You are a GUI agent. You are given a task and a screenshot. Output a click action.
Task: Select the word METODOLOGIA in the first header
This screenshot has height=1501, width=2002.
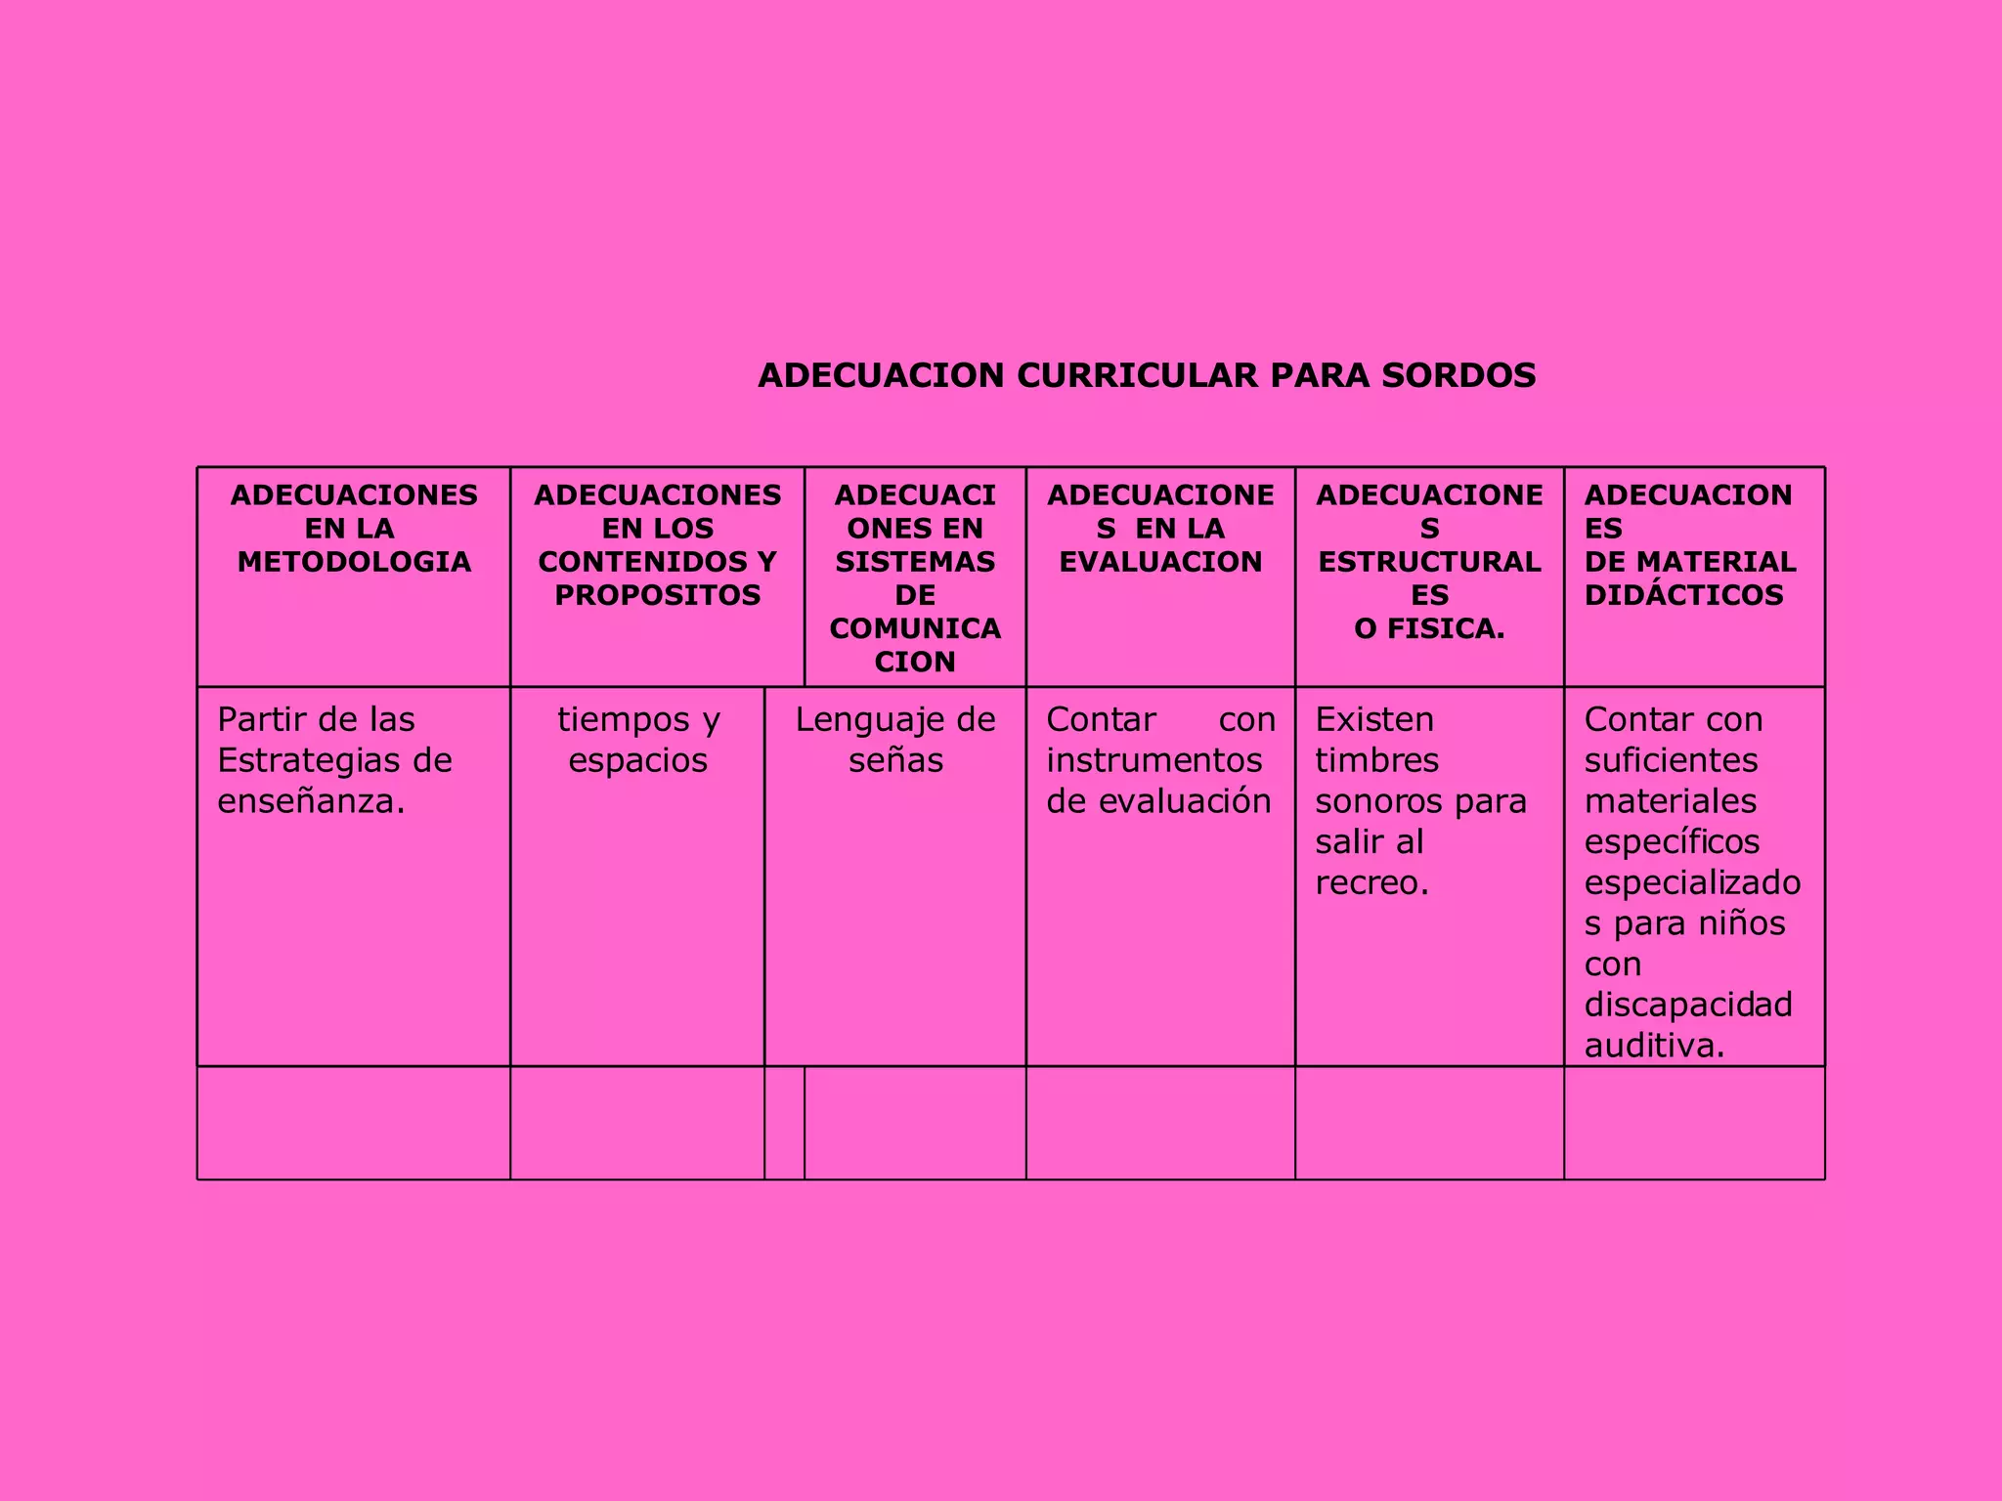coord(354,562)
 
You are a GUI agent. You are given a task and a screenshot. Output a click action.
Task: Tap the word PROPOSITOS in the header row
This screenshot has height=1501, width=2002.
coord(657,595)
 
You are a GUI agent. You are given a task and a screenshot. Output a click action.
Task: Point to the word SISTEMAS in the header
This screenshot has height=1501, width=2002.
coord(915,562)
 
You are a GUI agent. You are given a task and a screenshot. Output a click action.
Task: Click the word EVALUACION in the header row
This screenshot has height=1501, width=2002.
coord(1160,562)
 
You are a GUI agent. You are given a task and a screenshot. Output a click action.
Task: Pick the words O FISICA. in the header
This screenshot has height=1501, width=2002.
coord(1429,628)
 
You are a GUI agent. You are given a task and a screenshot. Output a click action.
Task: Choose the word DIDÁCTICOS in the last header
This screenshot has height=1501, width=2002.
coord(1683,595)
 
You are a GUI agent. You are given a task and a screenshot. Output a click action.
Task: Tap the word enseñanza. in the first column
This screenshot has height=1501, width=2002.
coord(311,801)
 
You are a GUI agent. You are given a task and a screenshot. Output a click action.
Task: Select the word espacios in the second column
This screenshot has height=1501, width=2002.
coord(637,760)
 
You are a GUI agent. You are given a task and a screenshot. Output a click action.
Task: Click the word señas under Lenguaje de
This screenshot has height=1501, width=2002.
coord(895,760)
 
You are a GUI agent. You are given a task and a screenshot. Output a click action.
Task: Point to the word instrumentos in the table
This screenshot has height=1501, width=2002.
coord(1154,760)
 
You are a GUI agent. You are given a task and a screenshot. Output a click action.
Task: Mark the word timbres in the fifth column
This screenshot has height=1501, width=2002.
coord(1376,760)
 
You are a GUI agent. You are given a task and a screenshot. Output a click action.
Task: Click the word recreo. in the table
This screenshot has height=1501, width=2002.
coord(1371,882)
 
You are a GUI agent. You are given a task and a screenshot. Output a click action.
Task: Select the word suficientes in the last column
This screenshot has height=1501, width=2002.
coord(1671,760)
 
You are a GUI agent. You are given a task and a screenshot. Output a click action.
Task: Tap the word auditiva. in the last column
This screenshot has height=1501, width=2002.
coord(1654,1046)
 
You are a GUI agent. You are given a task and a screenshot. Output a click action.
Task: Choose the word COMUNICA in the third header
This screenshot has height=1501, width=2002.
coord(915,628)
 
